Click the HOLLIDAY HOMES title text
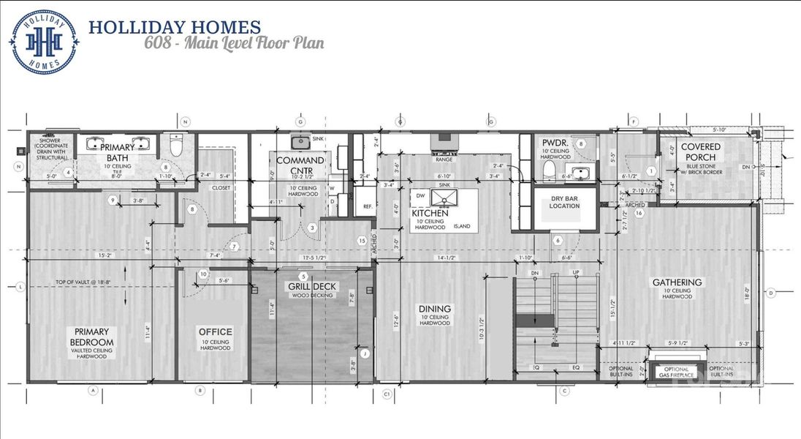coord(174,28)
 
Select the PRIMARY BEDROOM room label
coord(92,338)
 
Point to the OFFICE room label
coord(215,331)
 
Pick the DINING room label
coord(436,308)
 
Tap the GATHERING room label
coord(677,282)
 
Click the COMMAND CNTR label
coord(300,165)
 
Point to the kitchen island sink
coord(450,197)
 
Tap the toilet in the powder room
coord(550,170)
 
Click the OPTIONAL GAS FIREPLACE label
coord(676,372)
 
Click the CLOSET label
coord(221,187)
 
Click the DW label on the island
coord(421,195)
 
